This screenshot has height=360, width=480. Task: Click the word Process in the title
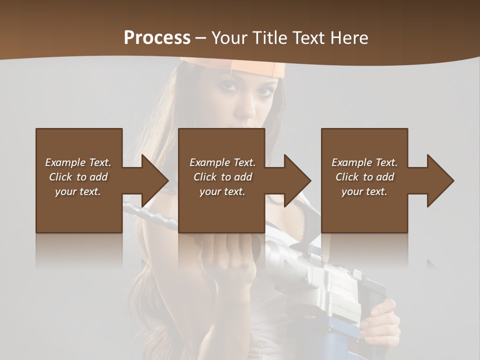coord(157,38)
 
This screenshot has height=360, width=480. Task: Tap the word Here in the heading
coord(349,38)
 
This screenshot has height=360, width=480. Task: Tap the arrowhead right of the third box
coord(439,180)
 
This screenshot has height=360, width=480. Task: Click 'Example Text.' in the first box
coord(78,162)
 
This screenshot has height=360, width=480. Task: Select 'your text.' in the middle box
coord(222,191)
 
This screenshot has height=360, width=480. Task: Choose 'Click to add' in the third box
coord(364,177)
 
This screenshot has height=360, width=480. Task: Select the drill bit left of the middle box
coord(150,215)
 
